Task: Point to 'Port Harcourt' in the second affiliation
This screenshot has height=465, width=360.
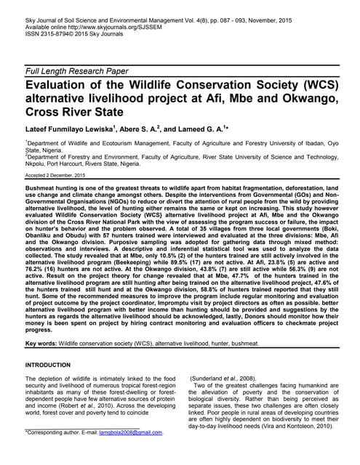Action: click(x=76, y=163)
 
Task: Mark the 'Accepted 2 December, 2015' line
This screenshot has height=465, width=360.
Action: click(x=55, y=177)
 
